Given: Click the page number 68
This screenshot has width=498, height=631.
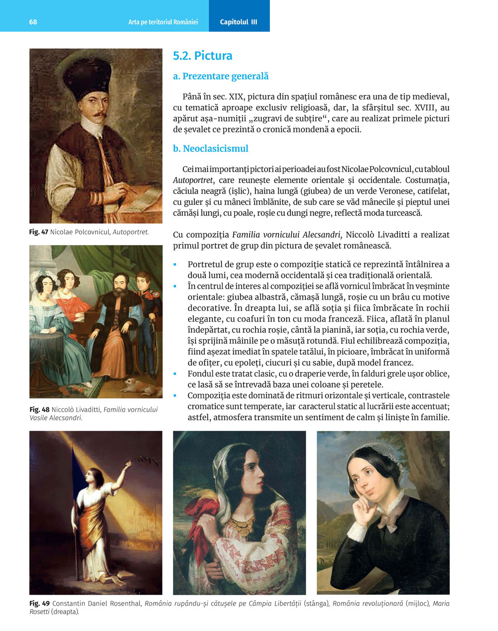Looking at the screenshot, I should (33, 22).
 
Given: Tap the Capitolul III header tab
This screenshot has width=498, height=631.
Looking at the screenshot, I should (239, 22).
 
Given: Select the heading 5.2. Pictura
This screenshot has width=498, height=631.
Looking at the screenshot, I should (202, 56).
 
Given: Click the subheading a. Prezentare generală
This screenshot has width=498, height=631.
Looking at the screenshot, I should (220, 76).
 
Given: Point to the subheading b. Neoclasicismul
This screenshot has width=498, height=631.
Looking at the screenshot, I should (210, 148).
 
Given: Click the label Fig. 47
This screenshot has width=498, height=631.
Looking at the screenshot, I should (39, 232).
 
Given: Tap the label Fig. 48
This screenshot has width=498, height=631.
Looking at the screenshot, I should (39, 410).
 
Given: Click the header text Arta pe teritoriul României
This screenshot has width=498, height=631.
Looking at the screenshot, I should (163, 22).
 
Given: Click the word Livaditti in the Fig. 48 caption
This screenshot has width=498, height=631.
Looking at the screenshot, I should (84, 410).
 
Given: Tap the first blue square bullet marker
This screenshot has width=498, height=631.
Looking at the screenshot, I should (175, 264).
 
